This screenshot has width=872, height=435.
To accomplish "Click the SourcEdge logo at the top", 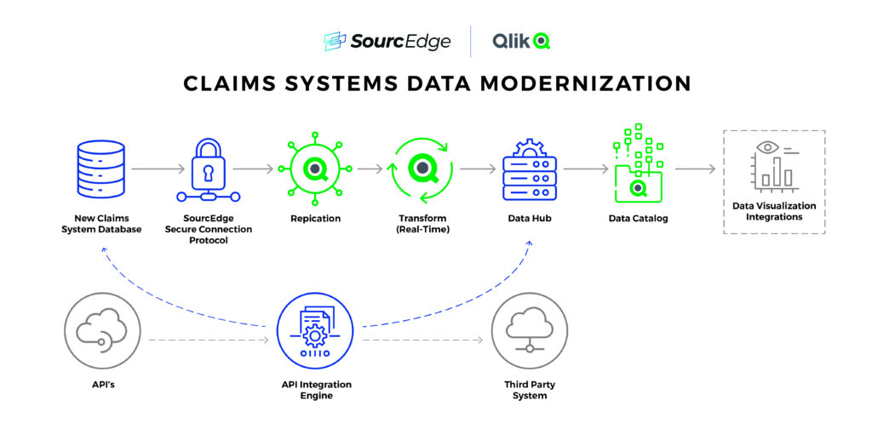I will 387,41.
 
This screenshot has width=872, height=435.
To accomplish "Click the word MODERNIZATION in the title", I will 594,83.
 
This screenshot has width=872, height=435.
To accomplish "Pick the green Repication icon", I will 315,169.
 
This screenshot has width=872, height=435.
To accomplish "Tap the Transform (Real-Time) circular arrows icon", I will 422,169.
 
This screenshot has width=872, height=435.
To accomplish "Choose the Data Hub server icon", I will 529,171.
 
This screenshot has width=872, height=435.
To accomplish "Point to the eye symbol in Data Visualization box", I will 768,148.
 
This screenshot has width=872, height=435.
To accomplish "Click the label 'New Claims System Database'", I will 101,224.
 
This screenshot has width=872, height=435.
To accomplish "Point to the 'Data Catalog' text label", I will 638,219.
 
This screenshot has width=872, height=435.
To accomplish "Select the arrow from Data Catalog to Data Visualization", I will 695,169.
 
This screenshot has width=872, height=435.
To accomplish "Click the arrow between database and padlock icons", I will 157,169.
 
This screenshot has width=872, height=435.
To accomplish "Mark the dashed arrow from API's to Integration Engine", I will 208,341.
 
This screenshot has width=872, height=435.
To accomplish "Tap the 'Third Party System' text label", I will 530,390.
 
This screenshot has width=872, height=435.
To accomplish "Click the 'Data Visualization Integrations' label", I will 774,211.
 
